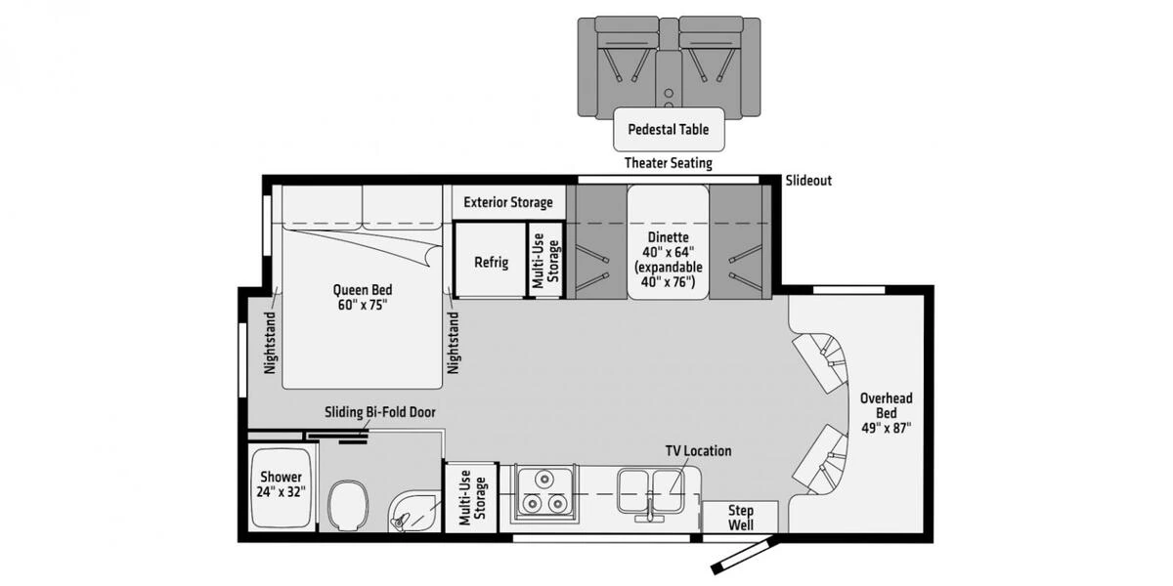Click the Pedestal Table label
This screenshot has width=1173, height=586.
(x=669, y=129)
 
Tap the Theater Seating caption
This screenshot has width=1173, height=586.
(x=669, y=163)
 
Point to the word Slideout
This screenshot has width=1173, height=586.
(x=808, y=181)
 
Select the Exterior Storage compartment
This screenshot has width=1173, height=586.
(x=508, y=202)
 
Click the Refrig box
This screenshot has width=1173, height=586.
(x=490, y=260)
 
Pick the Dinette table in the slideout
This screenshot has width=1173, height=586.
(x=669, y=242)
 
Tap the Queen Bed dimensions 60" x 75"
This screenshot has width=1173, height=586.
(x=363, y=305)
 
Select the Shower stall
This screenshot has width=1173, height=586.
(x=282, y=488)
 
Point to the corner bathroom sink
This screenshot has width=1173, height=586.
(x=413, y=512)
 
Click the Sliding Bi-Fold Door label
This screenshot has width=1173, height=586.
(x=379, y=412)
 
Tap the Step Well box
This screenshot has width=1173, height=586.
(x=740, y=517)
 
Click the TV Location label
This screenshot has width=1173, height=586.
(x=698, y=450)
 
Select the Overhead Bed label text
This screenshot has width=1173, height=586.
(x=886, y=413)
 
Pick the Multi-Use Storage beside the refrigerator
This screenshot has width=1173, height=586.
(x=545, y=260)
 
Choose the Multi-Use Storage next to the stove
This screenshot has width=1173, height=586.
(x=472, y=497)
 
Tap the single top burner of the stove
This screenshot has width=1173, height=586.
(x=545, y=479)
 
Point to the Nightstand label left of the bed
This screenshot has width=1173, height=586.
(x=270, y=343)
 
